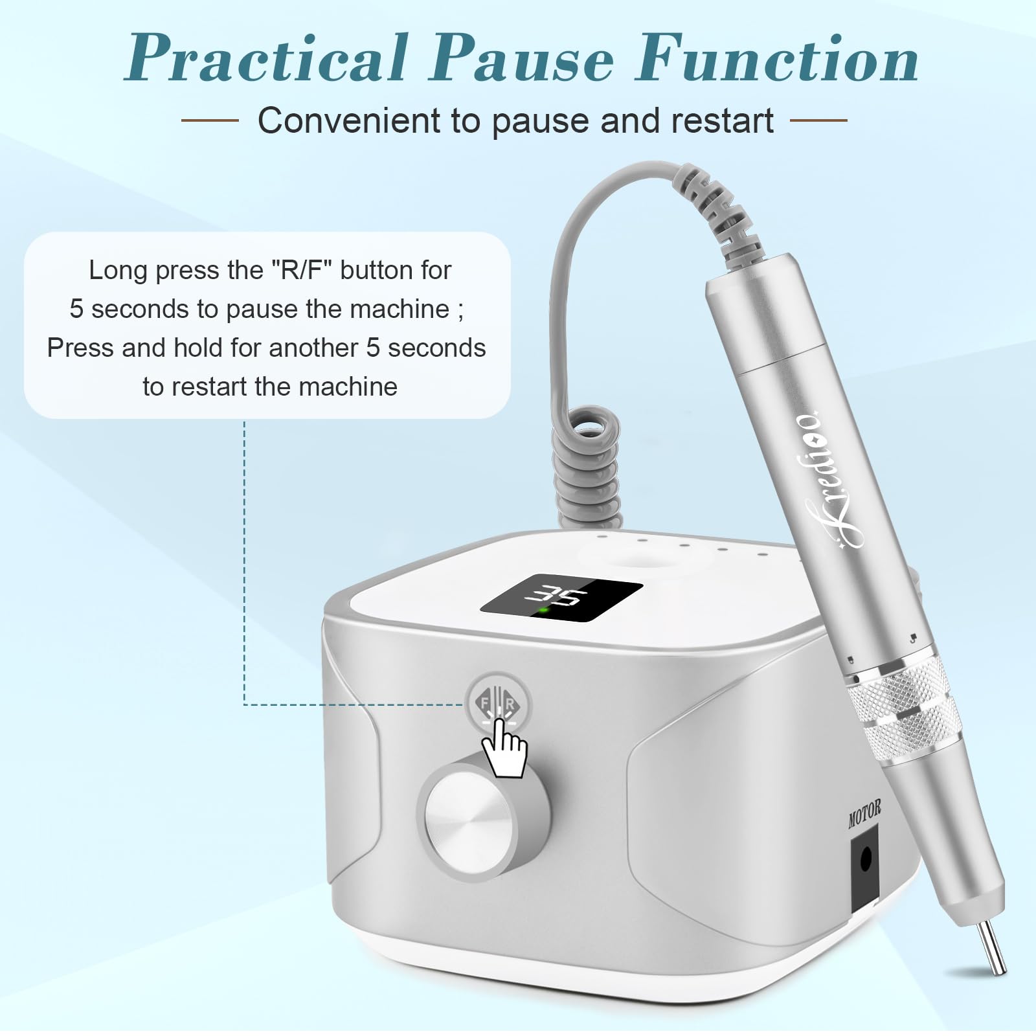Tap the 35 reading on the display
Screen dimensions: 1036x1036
(x=561, y=596)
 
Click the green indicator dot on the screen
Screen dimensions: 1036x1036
(x=544, y=610)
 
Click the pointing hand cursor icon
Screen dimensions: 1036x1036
(x=505, y=746)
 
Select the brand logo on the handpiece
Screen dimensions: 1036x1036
(x=816, y=475)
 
